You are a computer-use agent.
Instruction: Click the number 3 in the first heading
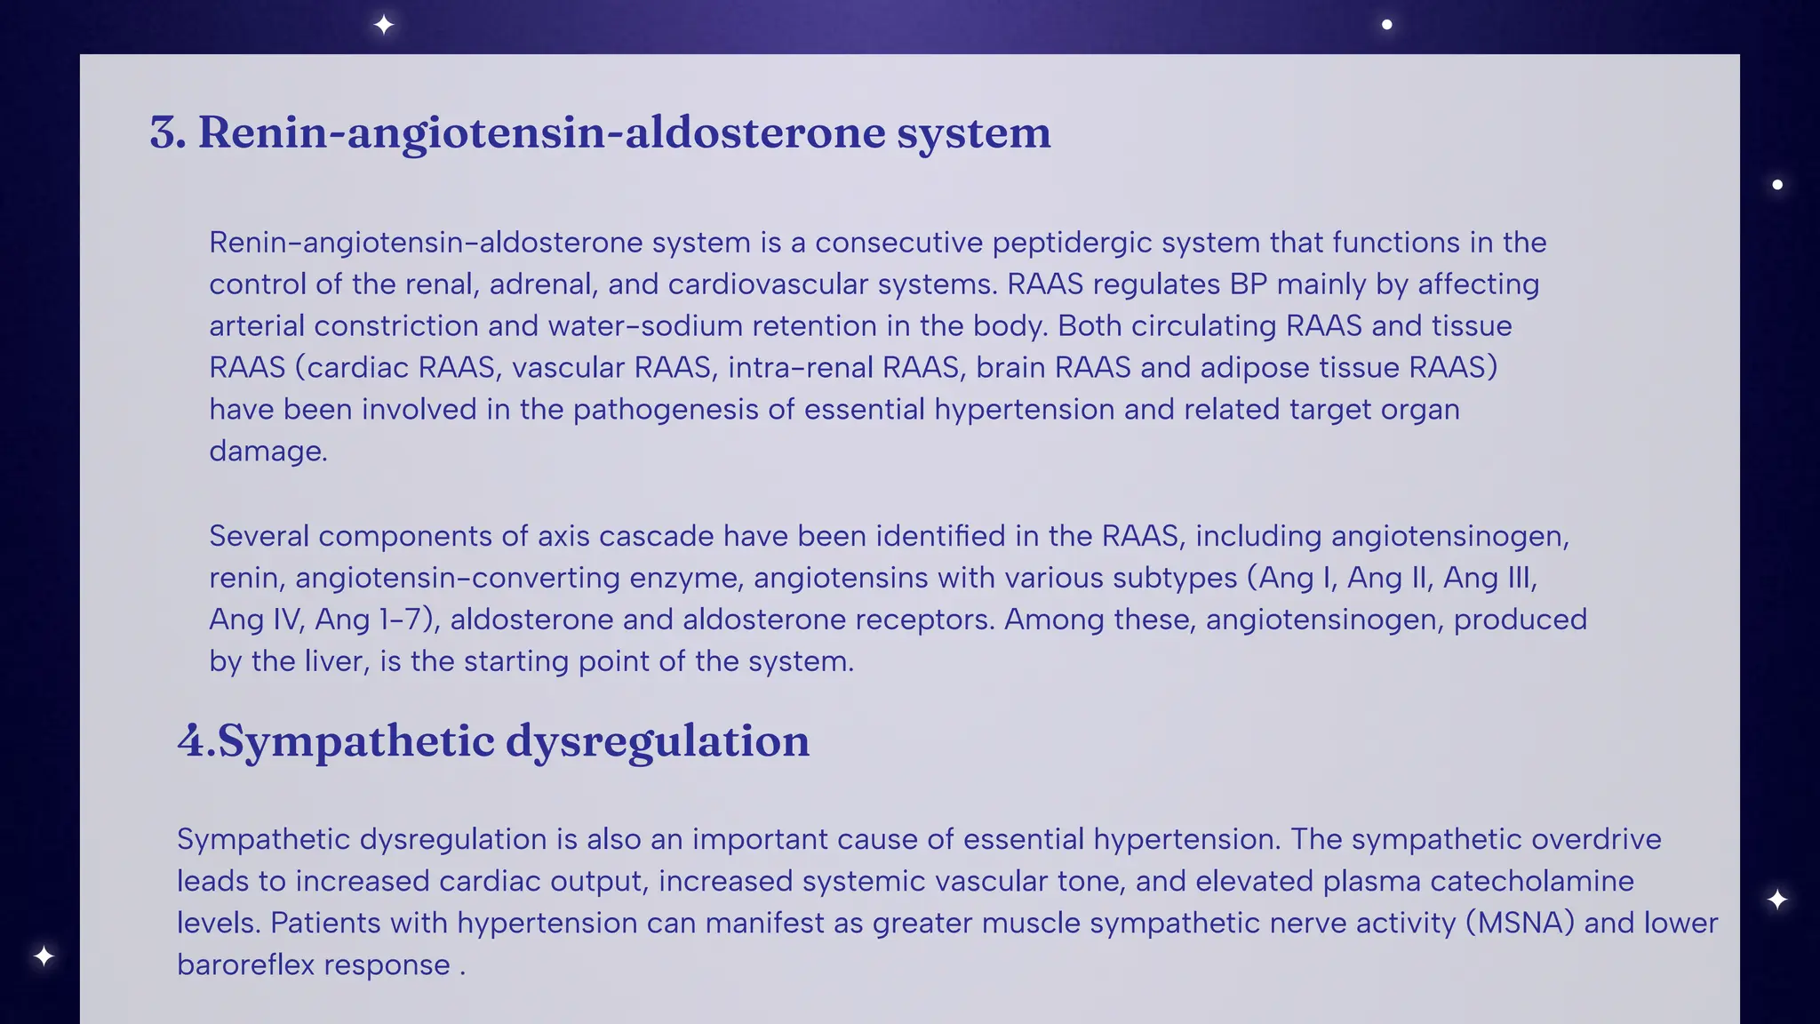point(165,132)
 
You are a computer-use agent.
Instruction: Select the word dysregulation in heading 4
point(658,740)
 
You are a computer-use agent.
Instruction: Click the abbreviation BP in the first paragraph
point(1249,284)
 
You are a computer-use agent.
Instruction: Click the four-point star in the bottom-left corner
point(44,956)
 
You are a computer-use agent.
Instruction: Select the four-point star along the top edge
point(384,25)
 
